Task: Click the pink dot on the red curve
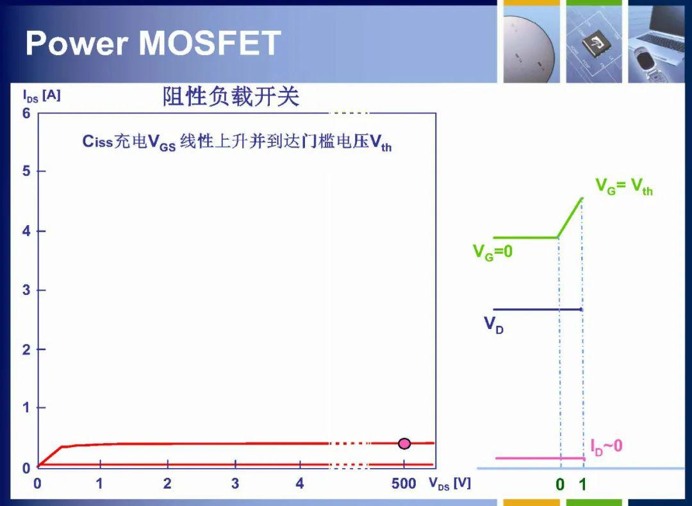click(x=404, y=443)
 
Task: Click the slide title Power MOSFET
click(x=153, y=43)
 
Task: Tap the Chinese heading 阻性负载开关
click(x=231, y=96)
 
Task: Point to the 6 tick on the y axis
click(x=26, y=114)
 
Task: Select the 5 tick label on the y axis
click(x=26, y=171)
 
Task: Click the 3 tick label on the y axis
click(x=26, y=290)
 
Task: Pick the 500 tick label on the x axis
click(x=404, y=484)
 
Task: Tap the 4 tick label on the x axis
click(x=300, y=484)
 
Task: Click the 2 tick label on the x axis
click(x=167, y=484)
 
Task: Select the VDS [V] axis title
click(x=450, y=484)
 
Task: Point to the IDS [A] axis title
click(x=42, y=96)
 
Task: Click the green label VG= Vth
click(x=623, y=186)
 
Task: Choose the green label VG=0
click(x=493, y=253)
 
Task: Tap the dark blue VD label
click(x=493, y=325)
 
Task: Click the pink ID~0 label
click(x=606, y=446)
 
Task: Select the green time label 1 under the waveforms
click(x=582, y=484)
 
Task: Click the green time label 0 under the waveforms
click(x=559, y=484)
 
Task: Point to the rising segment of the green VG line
click(x=570, y=217)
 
